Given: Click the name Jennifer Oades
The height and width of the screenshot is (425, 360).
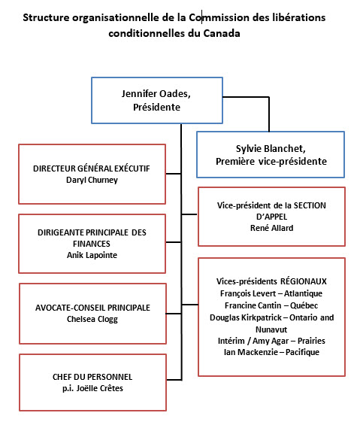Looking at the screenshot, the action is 156,94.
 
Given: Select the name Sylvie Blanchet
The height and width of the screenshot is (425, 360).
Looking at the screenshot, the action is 271,148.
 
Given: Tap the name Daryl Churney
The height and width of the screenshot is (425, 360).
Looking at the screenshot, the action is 92,180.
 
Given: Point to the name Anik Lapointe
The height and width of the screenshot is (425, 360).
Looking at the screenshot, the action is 92,255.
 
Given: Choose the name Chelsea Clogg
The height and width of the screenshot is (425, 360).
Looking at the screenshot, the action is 92,319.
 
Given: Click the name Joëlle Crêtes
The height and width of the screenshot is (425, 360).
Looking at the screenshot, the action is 100,388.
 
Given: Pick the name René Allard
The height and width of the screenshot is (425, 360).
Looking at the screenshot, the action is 272,228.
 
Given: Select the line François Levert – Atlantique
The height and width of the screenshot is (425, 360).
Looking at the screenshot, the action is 271,293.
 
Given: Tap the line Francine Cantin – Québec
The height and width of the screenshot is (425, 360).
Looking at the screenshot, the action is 271,305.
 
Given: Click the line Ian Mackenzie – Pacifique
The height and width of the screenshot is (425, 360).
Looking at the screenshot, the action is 271,352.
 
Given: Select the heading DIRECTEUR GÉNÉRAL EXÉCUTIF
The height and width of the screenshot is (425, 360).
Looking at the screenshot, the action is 92,168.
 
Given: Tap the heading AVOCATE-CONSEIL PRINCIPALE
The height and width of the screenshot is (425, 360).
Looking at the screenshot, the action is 92,308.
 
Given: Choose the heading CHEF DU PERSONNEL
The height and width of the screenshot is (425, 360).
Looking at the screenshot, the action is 92,377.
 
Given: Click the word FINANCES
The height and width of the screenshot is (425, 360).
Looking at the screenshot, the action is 92,244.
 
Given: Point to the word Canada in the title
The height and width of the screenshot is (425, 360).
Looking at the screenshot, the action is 222,33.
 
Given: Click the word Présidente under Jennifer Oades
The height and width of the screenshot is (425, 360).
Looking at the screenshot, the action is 156,107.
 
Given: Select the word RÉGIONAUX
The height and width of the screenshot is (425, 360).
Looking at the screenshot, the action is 304,281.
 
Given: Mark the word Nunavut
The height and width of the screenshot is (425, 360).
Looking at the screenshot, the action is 271,329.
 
